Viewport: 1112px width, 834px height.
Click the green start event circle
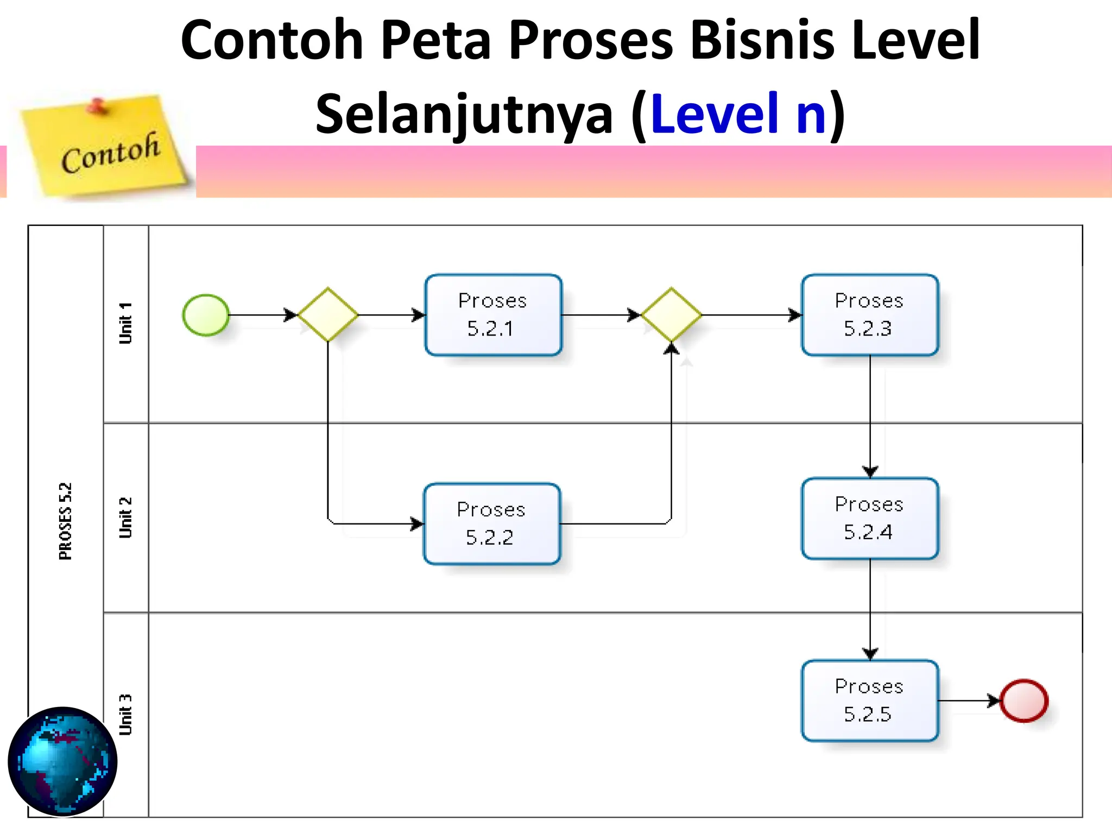[x=206, y=315]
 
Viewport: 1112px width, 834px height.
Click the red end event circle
[x=1023, y=700]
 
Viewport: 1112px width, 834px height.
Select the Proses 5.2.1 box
[x=493, y=315]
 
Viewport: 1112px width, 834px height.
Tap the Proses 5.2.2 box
[x=491, y=524]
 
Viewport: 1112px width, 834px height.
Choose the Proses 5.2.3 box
[x=869, y=315]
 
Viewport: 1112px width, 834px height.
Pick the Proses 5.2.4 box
[x=869, y=519]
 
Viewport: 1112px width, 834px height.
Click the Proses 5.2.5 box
[x=869, y=700]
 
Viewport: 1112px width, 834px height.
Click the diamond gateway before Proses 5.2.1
[x=328, y=315]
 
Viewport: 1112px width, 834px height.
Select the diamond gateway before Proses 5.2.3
[x=671, y=315]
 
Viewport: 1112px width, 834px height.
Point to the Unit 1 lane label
[x=125, y=324]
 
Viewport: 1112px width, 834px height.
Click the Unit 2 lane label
[x=125, y=517]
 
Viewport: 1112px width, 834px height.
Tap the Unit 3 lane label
[x=125, y=715]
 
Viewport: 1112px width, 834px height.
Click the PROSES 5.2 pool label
[x=65, y=521]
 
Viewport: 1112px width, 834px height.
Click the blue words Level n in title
[x=738, y=114]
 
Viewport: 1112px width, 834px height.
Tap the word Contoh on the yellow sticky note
[x=111, y=154]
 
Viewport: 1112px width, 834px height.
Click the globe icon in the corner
[x=62, y=761]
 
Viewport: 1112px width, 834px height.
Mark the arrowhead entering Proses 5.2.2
[x=418, y=524]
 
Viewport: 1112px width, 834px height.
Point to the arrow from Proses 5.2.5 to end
[x=969, y=700]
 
